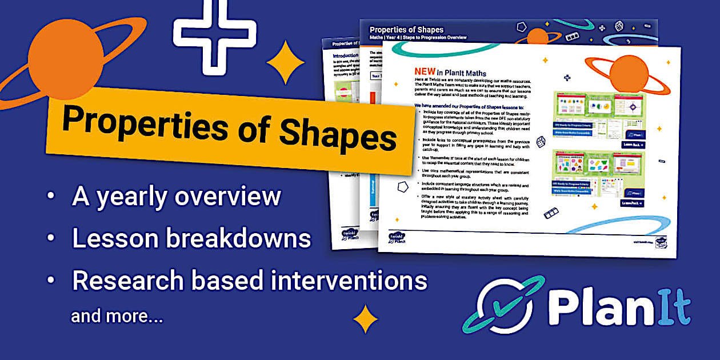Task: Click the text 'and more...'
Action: tap(117, 316)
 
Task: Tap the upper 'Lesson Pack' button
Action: tap(633, 145)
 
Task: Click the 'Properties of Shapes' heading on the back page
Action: tap(406, 29)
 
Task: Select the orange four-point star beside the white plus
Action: tap(285, 62)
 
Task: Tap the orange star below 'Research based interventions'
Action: tap(365, 318)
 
